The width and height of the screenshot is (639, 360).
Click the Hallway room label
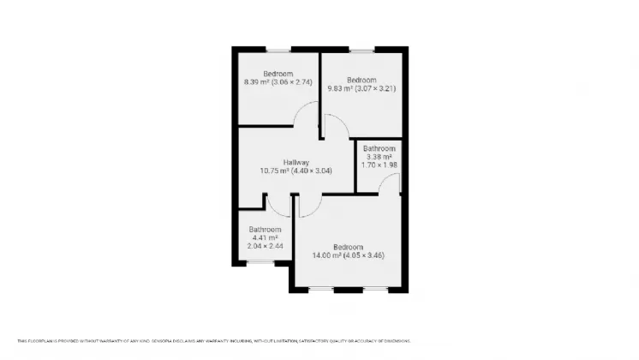coord(296,162)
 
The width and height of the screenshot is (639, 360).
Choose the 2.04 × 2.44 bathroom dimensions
coord(265,246)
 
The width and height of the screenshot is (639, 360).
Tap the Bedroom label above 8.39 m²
coord(277,73)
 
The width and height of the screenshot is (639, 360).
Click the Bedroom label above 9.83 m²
coord(361,79)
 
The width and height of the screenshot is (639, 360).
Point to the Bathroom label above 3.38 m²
coord(379,147)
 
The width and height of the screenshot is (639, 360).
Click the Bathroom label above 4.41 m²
coord(265,229)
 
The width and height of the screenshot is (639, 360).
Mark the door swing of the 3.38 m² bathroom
coord(389,182)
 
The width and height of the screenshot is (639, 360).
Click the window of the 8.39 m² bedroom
coord(278,49)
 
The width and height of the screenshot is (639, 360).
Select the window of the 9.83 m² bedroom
coord(361,49)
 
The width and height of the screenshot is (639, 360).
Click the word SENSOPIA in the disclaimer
coord(158,340)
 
